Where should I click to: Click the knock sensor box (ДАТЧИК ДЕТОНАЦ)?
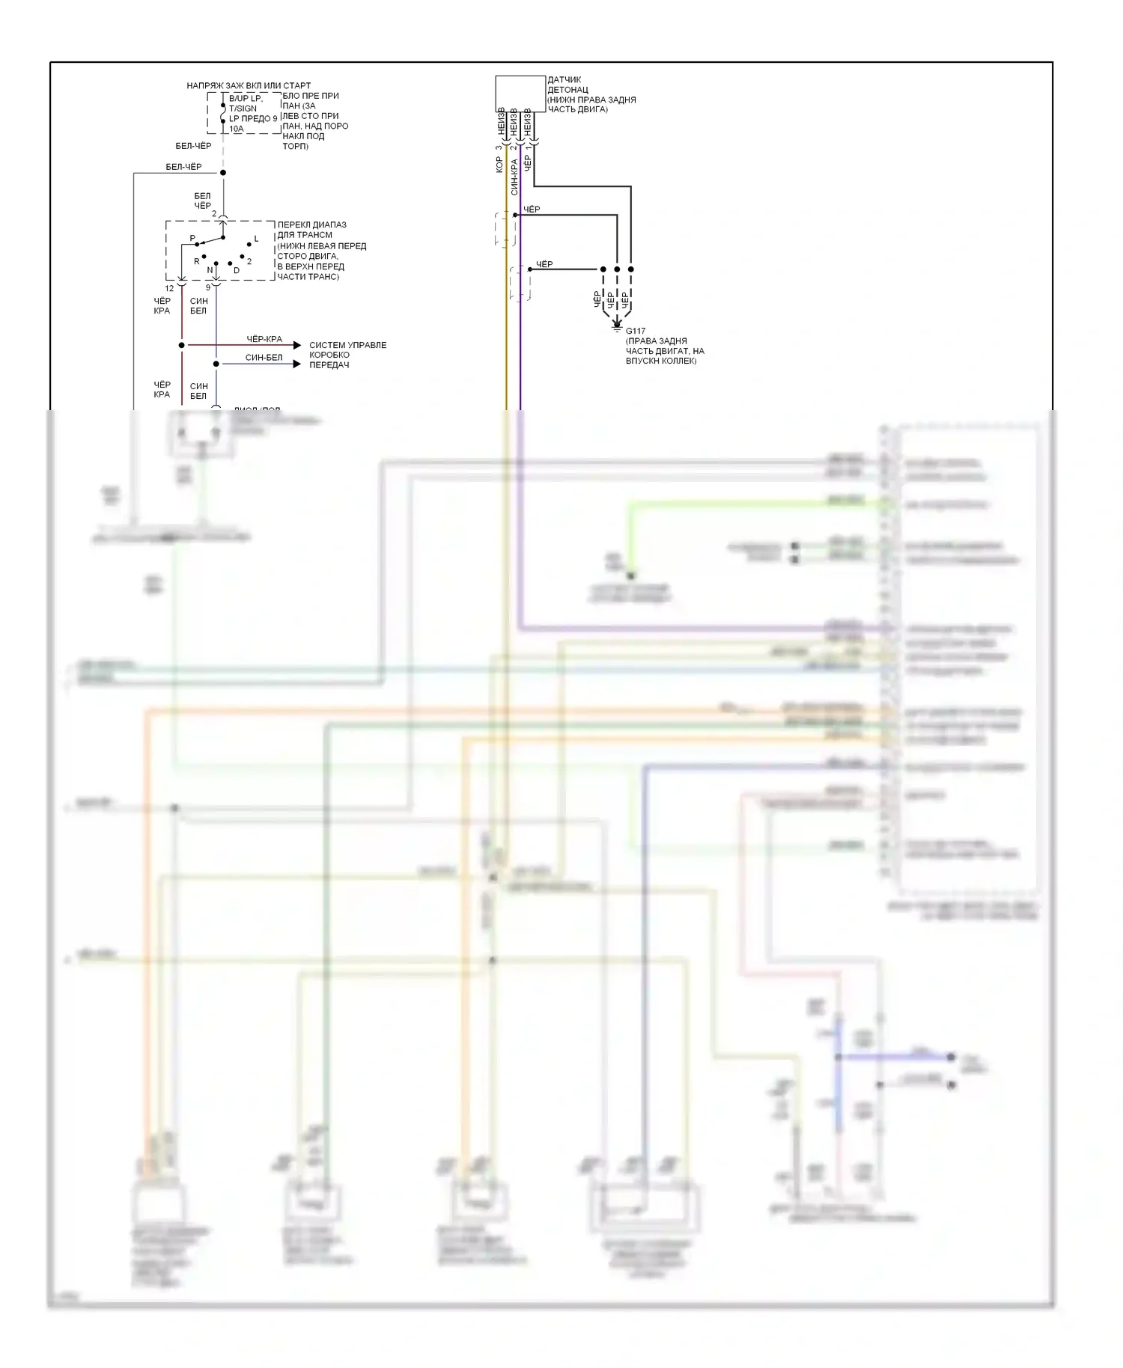[x=520, y=94]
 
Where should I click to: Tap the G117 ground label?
[x=636, y=331]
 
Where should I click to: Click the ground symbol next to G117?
[x=617, y=326]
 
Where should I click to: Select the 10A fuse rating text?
[x=236, y=129]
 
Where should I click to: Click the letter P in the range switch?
[x=192, y=239]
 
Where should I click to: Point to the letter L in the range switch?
[x=256, y=239]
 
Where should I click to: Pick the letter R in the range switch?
[x=197, y=261]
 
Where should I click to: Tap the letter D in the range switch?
[x=237, y=270]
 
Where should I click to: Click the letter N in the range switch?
[x=210, y=270]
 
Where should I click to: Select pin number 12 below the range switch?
[x=169, y=288]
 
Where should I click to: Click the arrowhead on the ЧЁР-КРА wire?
[x=296, y=345]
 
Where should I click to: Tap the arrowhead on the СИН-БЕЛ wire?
[x=296, y=364]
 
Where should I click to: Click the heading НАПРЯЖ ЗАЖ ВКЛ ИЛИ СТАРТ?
[x=249, y=85]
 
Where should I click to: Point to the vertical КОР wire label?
[x=499, y=165]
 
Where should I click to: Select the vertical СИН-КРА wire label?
[x=514, y=177]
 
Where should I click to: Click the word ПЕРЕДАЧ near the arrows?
[x=329, y=365]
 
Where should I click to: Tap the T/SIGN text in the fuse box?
[x=243, y=109]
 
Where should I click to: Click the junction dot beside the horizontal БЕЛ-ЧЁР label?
[x=223, y=173]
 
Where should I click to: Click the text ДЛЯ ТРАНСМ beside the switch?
[x=305, y=235]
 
